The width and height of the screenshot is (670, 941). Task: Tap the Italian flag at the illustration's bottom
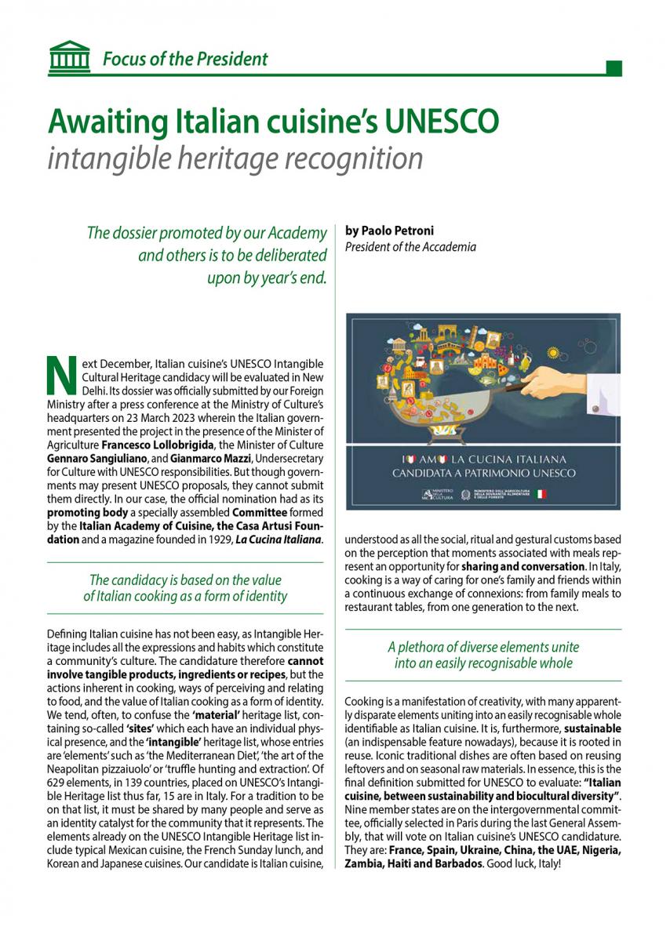(541, 494)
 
